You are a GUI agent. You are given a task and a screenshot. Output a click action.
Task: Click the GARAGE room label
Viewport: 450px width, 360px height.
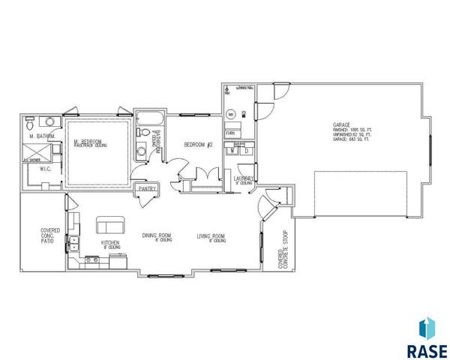pyautogui.click(x=343, y=124)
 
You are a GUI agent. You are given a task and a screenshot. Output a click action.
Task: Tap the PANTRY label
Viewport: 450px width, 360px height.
pyautogui.click(x=145, y=189)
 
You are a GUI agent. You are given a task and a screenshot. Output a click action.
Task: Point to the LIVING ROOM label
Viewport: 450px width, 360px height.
pyautogui.click(x=211, y=236)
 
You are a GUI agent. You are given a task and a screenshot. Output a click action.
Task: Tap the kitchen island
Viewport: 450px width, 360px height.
pyautogui.click(x=109, y=225)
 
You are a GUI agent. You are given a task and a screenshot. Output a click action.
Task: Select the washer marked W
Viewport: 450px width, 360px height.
pyautogui.click(x=233, y=150)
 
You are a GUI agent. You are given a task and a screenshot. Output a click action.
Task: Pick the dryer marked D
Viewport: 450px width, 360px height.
pyautogui.click(x=245, y=150)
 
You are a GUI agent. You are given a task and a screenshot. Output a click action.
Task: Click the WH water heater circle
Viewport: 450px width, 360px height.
pyautogui.click(x=231, y=114)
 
